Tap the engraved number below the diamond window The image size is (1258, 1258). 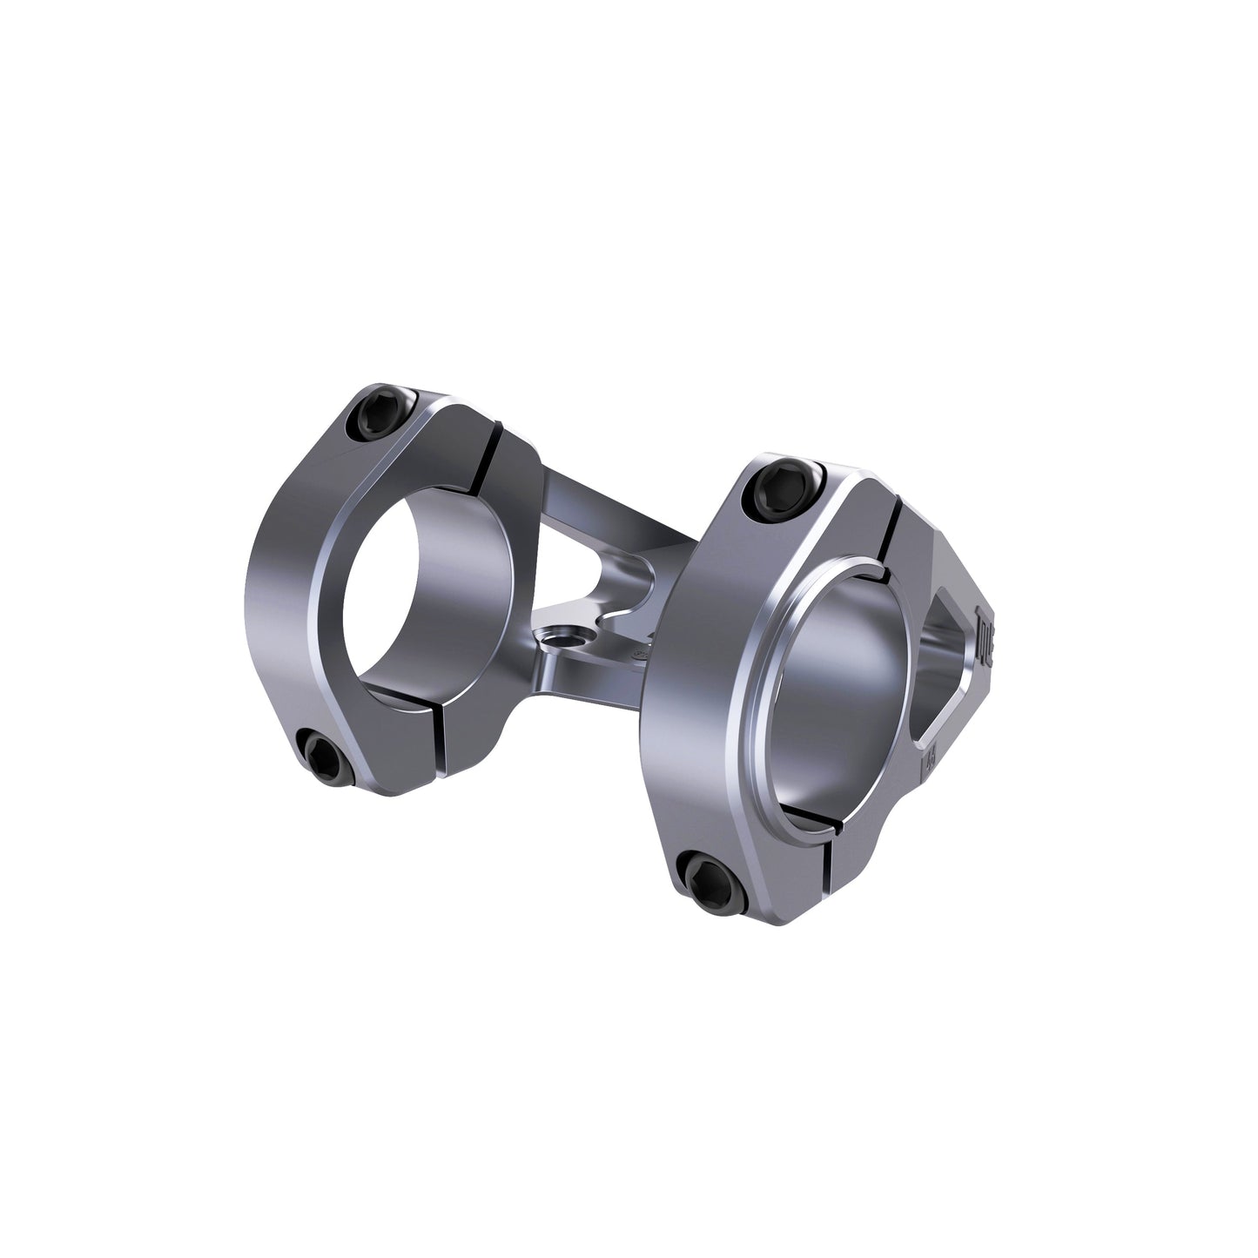point(932,762)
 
